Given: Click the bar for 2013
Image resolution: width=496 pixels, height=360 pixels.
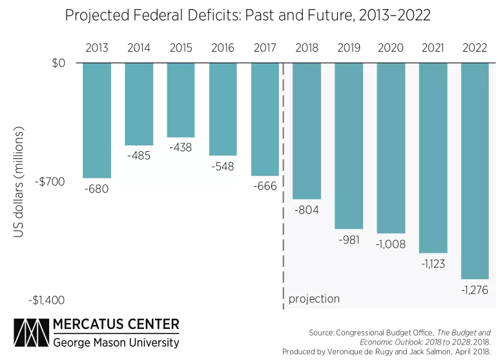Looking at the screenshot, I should tap(97, 120).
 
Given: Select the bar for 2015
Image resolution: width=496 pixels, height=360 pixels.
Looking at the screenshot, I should tap(181, 100).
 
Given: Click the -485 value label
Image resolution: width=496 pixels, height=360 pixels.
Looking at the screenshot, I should tap(139, 156).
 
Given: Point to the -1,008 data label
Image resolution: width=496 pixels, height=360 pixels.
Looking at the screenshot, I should tap(391, 244).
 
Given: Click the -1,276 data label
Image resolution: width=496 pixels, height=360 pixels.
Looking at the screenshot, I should tap(475, 290).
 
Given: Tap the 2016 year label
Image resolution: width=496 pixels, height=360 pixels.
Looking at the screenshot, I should tap(223, 47).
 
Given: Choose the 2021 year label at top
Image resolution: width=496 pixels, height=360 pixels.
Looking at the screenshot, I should tap(433, 47).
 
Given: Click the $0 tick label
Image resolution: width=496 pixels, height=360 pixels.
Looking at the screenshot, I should tap(59, 63).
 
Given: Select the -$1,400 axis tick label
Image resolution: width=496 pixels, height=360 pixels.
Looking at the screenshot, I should tap(46, 301).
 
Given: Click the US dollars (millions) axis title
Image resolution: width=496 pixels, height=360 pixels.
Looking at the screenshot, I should tap(18, 182).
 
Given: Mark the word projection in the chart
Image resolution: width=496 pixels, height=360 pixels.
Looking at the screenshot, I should tap(314, 299).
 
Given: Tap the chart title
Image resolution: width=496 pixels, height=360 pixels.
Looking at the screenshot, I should tap(247, 16).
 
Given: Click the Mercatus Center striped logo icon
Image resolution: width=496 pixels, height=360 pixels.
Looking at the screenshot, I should tap(31, 332).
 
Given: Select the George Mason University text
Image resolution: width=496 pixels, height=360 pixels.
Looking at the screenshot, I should tap(116, 341).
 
